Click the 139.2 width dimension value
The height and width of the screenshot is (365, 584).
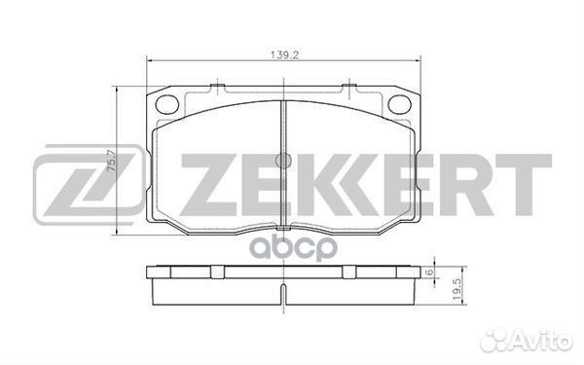(282, 56)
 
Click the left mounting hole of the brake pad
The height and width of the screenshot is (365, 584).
(166, 103)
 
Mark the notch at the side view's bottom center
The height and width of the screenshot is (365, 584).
(281, 292)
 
